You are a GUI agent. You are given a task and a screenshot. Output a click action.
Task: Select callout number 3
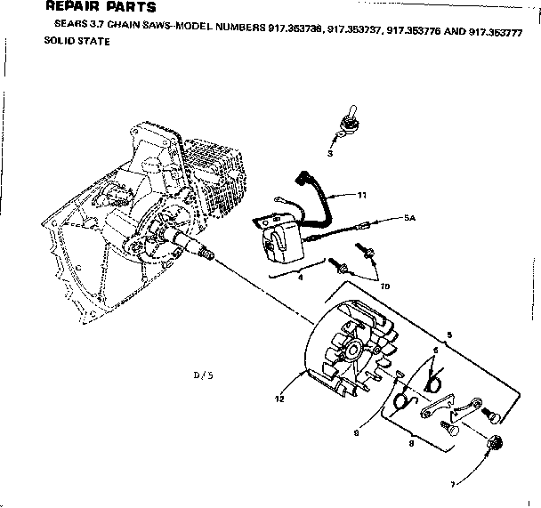pos(330,153)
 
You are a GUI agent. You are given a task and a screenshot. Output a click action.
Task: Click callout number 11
pos(362,194)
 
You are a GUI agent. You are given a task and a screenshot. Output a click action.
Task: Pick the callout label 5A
pos(409,216)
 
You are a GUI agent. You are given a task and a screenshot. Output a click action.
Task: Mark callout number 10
pos(384,287)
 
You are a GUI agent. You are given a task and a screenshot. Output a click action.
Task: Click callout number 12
pos(279,399)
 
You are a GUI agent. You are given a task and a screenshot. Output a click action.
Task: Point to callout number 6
pos(434,351)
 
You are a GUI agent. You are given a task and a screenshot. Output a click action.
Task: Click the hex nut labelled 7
pos(494,441)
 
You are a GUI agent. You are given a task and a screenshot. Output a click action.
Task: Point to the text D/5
pos(204,375)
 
